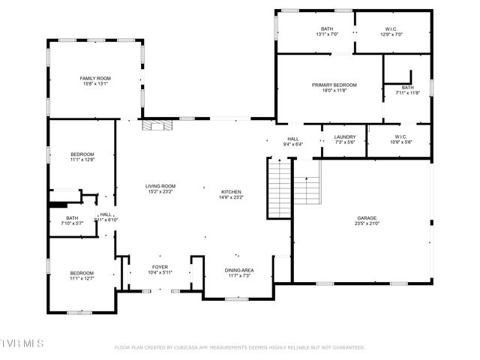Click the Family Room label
95,79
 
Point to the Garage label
367,217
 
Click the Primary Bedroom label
334,85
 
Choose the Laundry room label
345,137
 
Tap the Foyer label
160,266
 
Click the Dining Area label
239,270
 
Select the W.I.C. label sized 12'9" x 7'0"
392,29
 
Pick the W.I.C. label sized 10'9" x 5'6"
398,137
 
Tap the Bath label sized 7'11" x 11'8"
407,88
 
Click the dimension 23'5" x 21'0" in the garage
367,223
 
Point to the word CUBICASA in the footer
191,347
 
